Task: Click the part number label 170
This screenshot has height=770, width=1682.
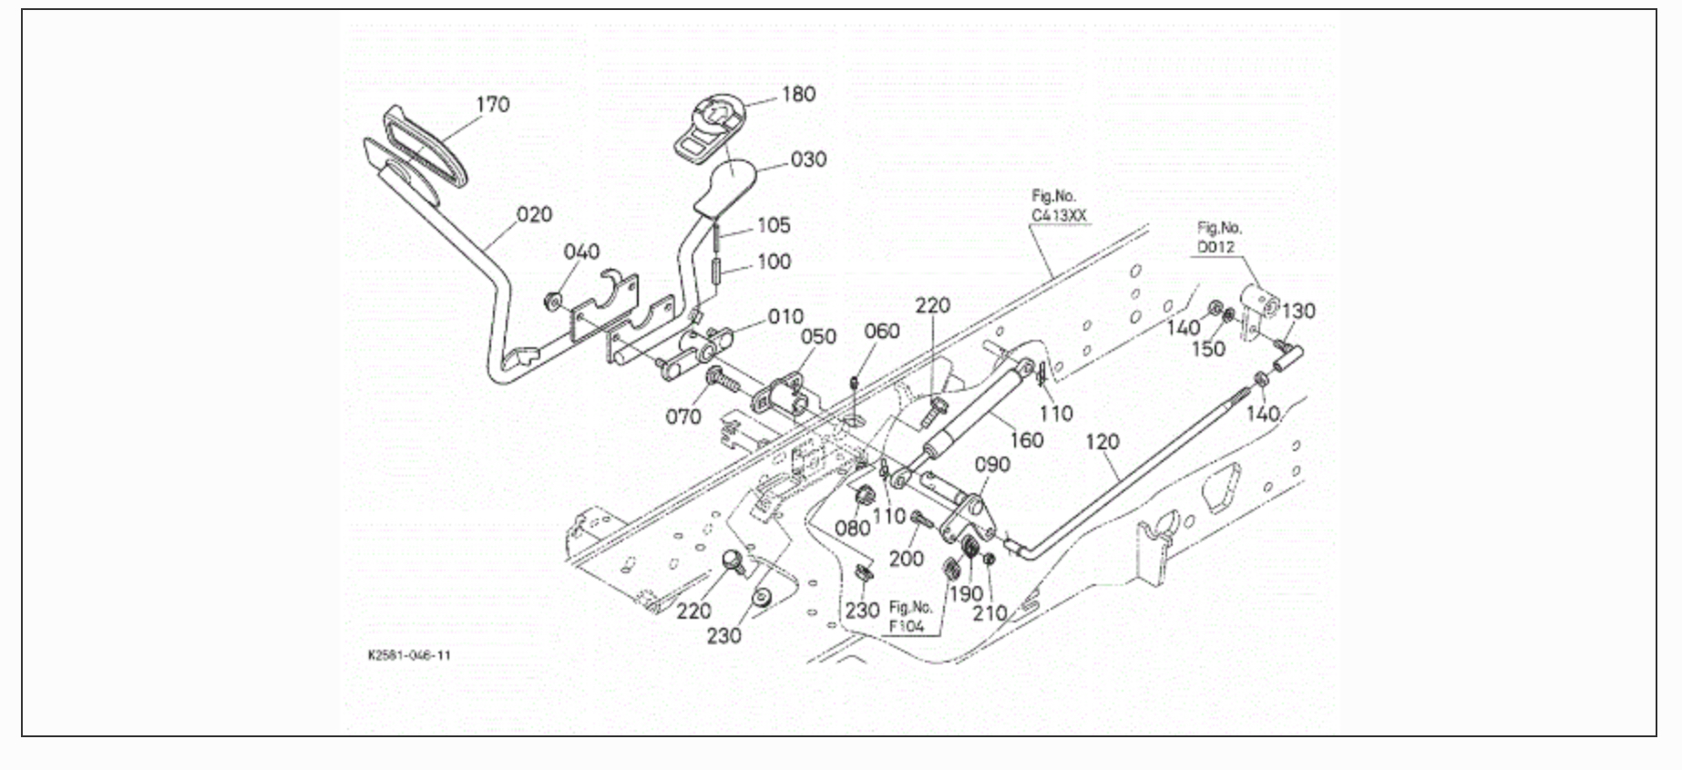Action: (493, 105)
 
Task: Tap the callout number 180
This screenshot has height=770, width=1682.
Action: (798, 95)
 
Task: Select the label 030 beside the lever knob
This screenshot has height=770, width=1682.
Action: (808, 159)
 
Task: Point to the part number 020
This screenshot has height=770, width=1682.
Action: (534, 214)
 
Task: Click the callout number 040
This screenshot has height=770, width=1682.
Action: (581, 252)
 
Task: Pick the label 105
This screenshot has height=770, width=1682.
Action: (774, 225)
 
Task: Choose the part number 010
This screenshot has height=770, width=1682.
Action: (785, 317)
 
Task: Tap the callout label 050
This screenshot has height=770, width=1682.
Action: (818, 337)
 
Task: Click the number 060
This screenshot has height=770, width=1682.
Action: (881, 332)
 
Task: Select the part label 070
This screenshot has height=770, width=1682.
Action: (682, 417)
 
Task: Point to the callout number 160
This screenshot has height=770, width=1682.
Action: (1026, 440)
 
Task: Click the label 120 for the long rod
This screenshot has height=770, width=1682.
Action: (1103, 442)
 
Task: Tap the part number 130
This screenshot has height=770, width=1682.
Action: (1298, 312)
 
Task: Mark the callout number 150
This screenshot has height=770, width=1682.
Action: (1208, 350)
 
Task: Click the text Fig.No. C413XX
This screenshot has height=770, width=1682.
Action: (1058, 206)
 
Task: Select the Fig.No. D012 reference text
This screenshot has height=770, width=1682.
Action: (1219, 238)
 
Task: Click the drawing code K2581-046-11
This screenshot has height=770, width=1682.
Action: (409, 655)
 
